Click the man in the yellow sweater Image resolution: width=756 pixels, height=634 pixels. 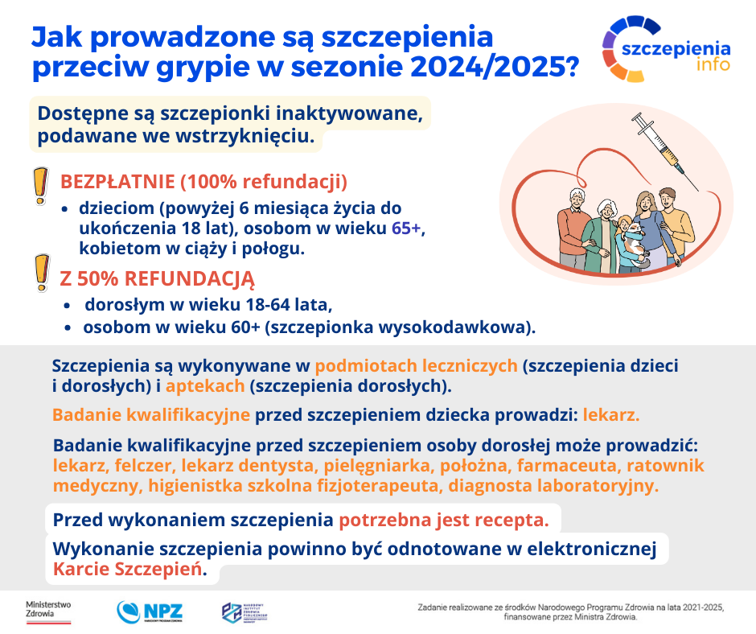pos(671,221)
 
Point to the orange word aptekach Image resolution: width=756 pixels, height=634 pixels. pos(205,385)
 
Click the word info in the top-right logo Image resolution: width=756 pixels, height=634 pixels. pos(713,64)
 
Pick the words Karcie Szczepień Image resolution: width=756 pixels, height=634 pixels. pos(125,570)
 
